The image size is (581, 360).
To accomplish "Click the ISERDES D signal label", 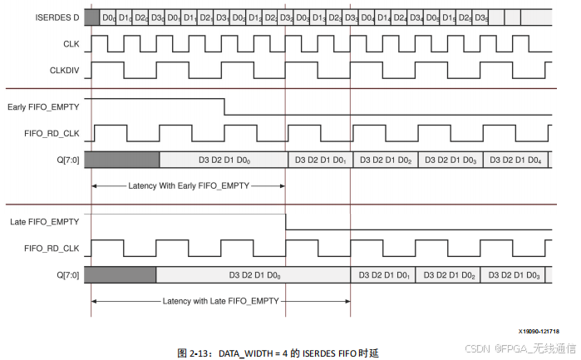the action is click(47, 17).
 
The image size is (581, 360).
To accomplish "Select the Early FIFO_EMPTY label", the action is click(44, 105).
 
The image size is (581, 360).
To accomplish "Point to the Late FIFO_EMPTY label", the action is click(45, 221).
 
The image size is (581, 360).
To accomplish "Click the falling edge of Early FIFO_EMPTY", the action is click(225, 107).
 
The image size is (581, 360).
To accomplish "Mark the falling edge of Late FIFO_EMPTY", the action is click(286, 222).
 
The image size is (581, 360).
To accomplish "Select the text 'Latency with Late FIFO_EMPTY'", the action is click(220, 300).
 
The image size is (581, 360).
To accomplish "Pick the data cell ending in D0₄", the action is click(515, 159).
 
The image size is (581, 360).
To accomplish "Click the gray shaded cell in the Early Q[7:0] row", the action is click(121, 159).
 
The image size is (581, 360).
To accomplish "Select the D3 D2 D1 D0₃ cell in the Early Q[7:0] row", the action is click(450, 159).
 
